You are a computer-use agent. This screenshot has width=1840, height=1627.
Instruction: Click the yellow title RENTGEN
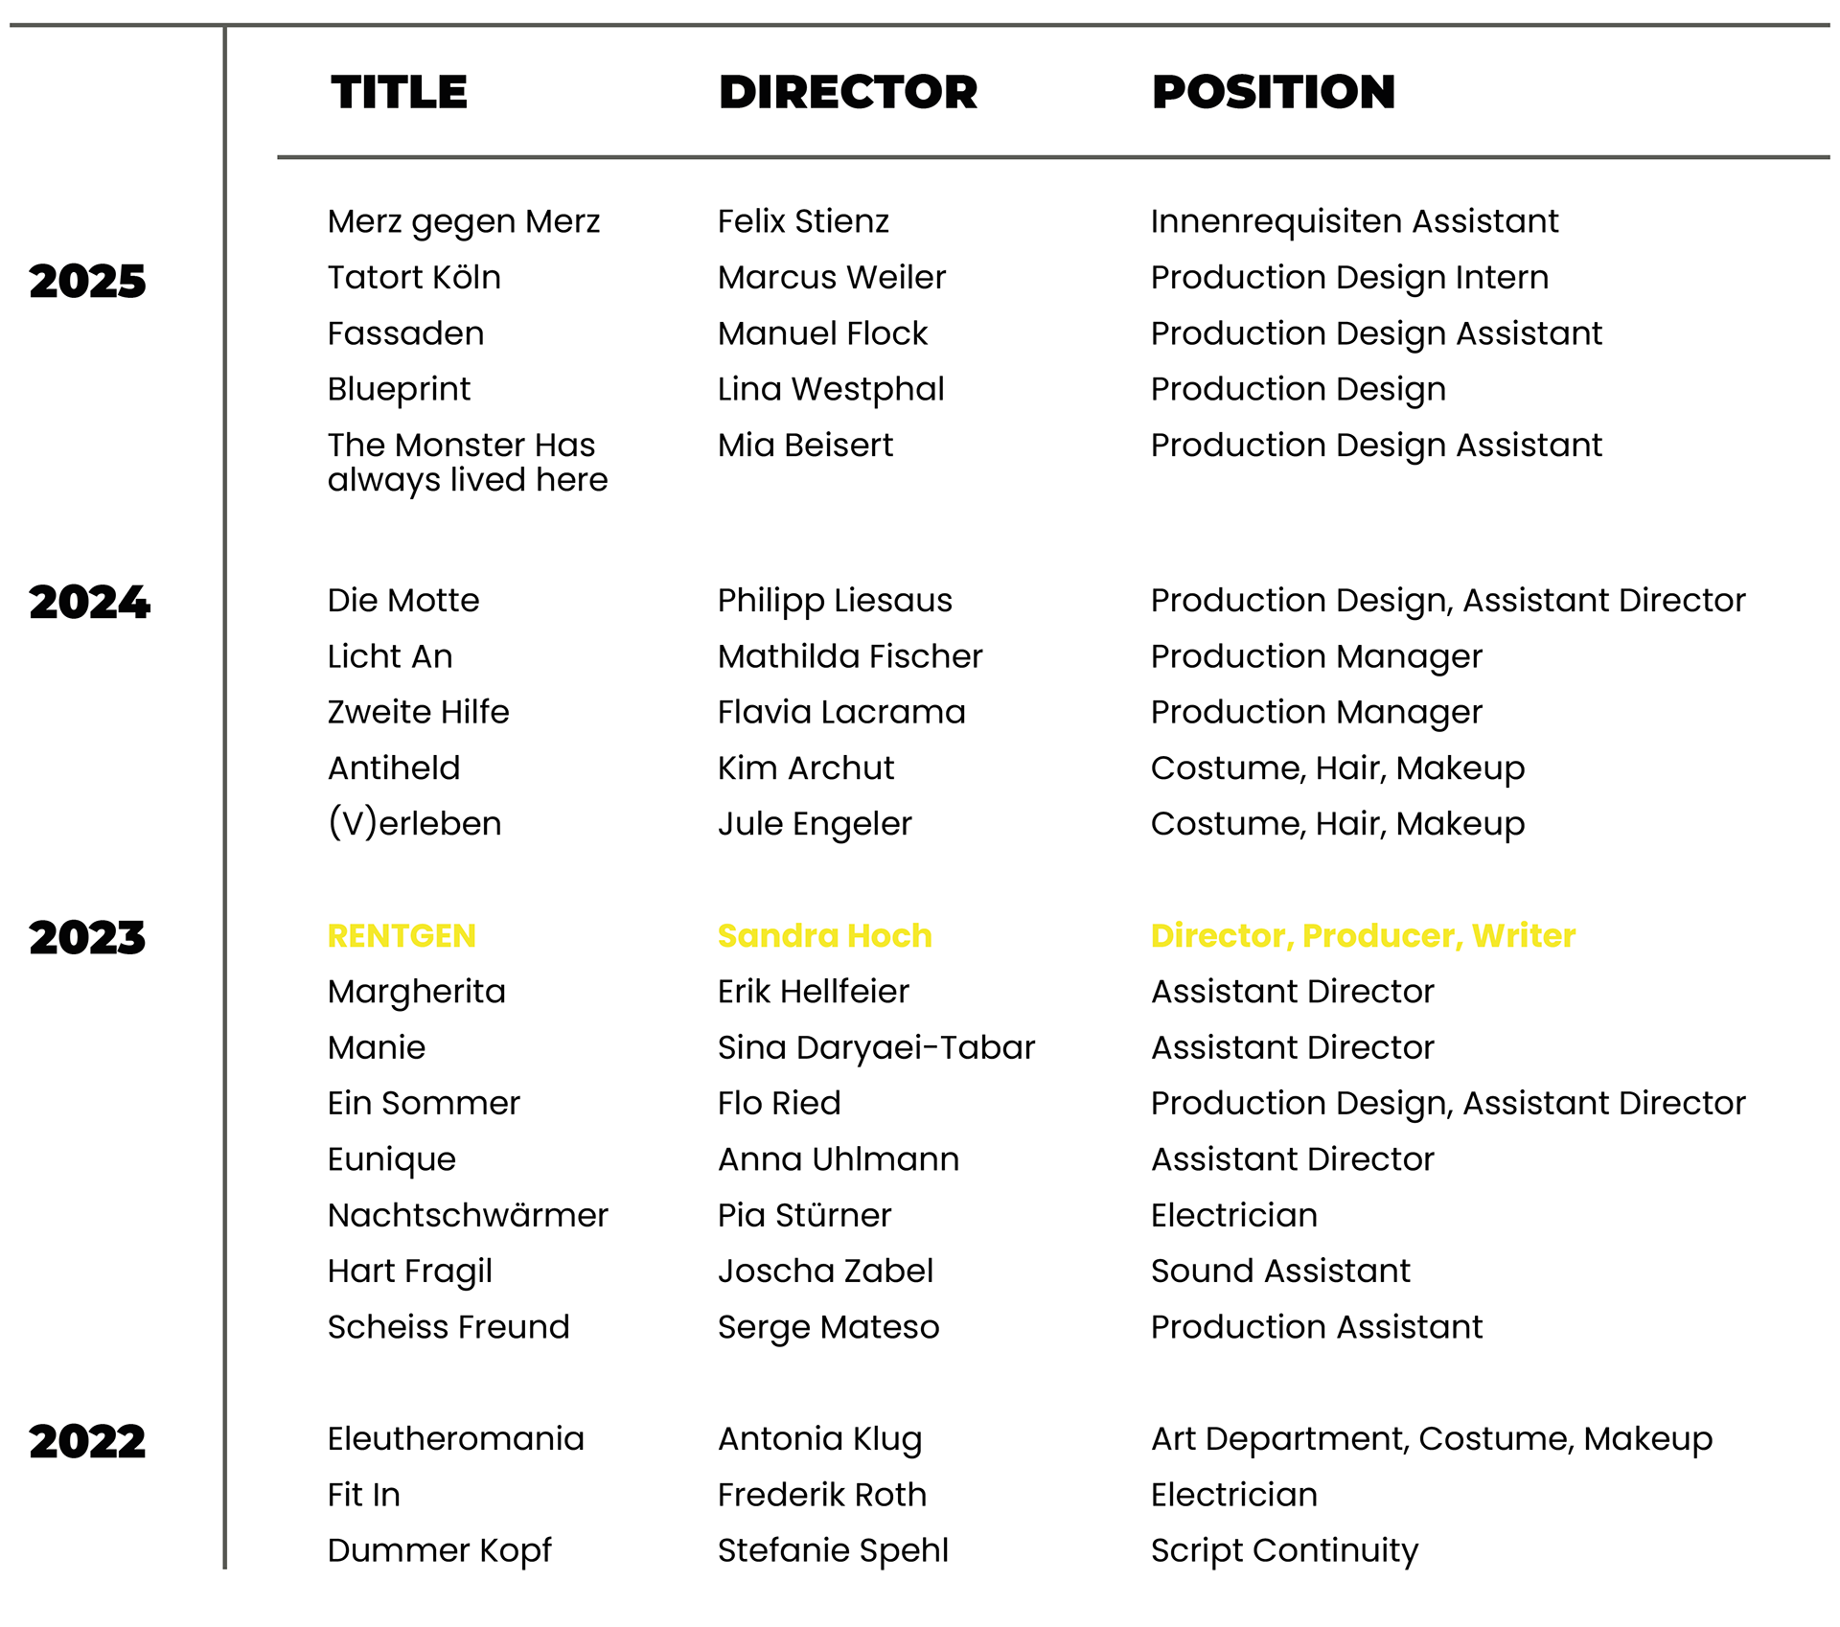[x=402, y=936]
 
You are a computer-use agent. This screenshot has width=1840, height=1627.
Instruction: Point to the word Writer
[x=1524, y=936]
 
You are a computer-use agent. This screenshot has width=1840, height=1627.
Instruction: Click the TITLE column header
[x=402, y=92]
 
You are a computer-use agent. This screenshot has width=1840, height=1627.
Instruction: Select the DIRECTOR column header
[x=849, y=92]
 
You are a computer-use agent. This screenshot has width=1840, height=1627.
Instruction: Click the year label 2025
[x=87, y=282]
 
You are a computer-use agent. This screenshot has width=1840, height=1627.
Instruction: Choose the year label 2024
[x=90, y=603]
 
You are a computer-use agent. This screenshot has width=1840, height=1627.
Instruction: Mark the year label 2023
[x=87, y=936]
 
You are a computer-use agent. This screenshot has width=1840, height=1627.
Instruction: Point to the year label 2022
[x=87, y=1440]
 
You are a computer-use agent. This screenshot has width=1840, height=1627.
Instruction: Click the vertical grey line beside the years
[x=225, y=767]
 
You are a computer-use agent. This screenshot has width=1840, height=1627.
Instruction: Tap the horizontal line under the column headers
[x=1054, y=156]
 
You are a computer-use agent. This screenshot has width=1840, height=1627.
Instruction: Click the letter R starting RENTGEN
[x=337, y=936]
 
